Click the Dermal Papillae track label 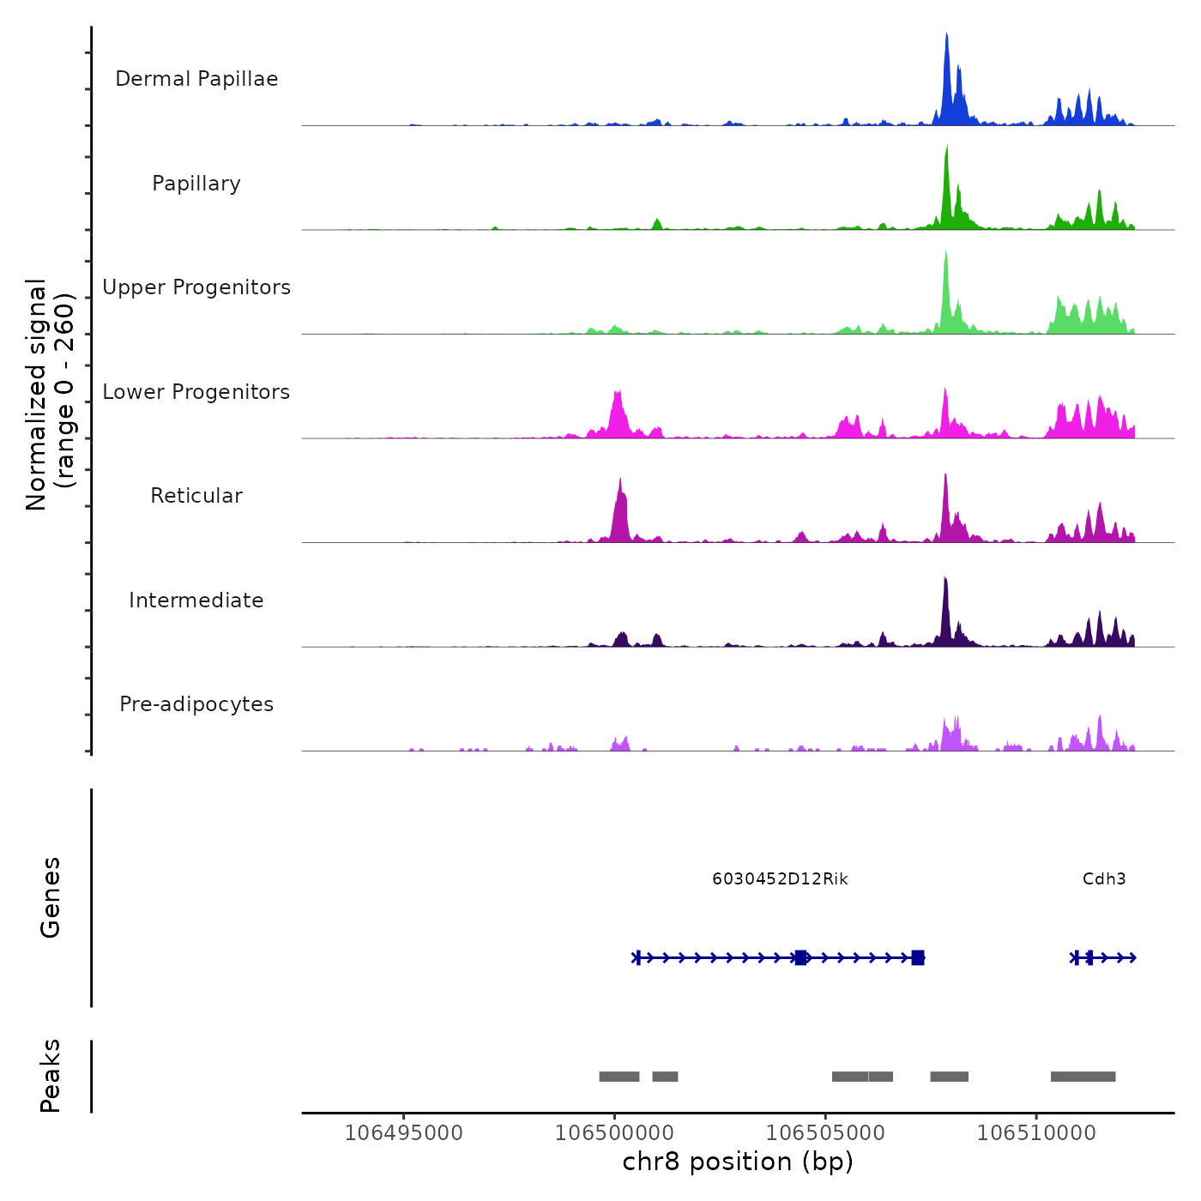point(196,79)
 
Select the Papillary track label point(196,184)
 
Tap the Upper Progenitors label point(196,287)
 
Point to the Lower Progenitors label point(196,392)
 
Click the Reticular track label point(196,496)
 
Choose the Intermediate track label point(196,600)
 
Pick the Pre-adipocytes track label point(196,704)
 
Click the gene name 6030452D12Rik point(780,878)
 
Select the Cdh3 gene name point(1104,878)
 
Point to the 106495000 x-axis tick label point(403,1132)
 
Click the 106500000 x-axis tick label point(614,1132)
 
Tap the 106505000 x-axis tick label point(825,1132)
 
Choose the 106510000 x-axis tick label point(1036,1132)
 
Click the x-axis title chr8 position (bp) point(738,1162)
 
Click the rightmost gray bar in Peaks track point(1083,1077)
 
